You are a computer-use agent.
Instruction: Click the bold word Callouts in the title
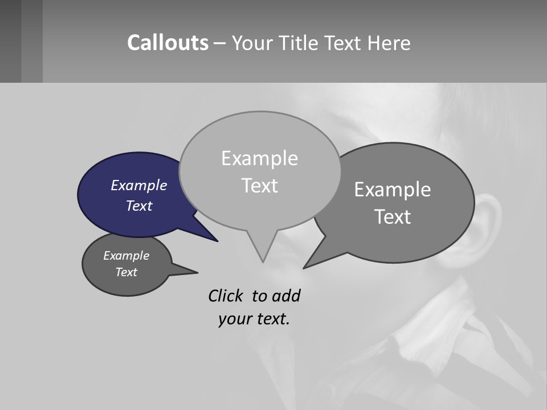tap(168, 43)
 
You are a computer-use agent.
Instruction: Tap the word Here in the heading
tap(390, 43)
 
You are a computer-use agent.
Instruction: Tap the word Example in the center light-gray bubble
tap(259, 158)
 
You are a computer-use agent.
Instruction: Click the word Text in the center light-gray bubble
tap(259, 186)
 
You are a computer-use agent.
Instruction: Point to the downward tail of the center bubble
tap(263, 259)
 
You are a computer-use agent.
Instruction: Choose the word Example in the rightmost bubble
tap(392, 189)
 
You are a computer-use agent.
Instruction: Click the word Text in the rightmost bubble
tap(392, 216)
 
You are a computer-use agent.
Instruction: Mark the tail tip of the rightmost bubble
tap(305, 267)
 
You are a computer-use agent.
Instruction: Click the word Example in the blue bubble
tap(138, 185)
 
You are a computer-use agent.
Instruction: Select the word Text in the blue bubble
tap(138, 206)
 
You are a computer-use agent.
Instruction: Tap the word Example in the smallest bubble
tap(126, 256)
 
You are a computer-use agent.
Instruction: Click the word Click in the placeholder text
tap(227, 296)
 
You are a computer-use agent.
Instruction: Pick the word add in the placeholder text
tap(286, 296)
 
